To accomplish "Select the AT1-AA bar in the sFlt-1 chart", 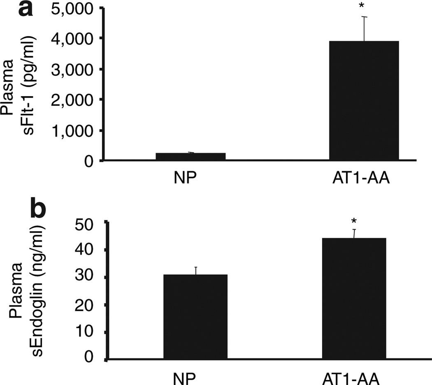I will point(364,100).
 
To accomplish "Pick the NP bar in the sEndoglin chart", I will point(195,317).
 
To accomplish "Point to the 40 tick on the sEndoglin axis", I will point(90,250).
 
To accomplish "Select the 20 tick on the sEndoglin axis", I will point(90,305).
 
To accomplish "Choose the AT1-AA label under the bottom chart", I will point(353,378).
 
